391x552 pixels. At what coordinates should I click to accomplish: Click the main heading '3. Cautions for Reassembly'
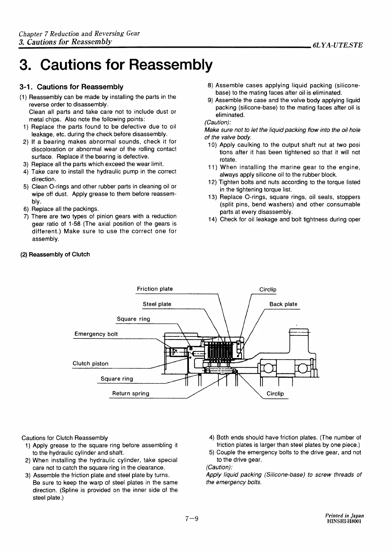click(x=116, y=65)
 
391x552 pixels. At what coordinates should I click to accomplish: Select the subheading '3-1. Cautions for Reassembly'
click(x=72, y=87)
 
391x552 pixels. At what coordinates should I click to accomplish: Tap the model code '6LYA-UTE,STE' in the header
click(x=338, y=45)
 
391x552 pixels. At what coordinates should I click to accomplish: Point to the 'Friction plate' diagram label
click(x=155, y=289)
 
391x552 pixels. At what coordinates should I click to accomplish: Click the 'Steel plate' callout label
click(x=157, y=304)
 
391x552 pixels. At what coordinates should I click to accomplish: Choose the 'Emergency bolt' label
click(x=96, y=334)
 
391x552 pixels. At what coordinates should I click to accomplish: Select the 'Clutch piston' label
click(x=90, y=363)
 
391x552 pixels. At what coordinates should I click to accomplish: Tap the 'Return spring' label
click(x=131, y=393)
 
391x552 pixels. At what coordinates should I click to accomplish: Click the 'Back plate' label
click(x=283, y=304)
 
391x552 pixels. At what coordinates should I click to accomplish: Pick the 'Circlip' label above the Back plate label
click(x=268, y=289)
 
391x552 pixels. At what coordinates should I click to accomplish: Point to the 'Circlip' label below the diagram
click(x=275, y=394)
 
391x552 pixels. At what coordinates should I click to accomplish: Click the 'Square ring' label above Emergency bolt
click(x=133, y=319)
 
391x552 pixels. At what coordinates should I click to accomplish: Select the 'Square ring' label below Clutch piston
click(x=117, y=379)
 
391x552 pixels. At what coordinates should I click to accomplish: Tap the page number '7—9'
click(x=192, y=519)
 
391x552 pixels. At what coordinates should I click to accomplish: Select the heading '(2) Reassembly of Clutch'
click(x=55, y=254)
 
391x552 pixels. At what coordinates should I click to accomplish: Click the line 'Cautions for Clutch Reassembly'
click(x=64, y=438)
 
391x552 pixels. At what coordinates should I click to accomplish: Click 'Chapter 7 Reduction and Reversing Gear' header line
click(x=79, y=34)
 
